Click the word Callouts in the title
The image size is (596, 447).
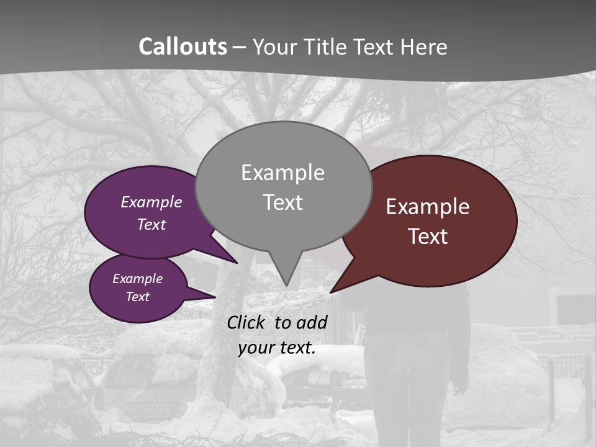[x=183, y=47]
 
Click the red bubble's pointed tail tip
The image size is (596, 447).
[x=332, y=292]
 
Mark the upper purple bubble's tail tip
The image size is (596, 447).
[x=237, y=263]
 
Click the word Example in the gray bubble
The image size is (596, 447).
[x=282, y=173]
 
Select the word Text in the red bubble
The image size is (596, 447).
[x=428, y=237]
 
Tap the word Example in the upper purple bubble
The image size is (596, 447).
[x=151, y=202]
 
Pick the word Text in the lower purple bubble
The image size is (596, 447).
[x=138, y=297]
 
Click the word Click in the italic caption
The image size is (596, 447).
[x=247, y=322]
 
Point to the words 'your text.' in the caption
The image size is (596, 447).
[x=277, y=348]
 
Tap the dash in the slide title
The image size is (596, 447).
[x=240, y=47]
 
